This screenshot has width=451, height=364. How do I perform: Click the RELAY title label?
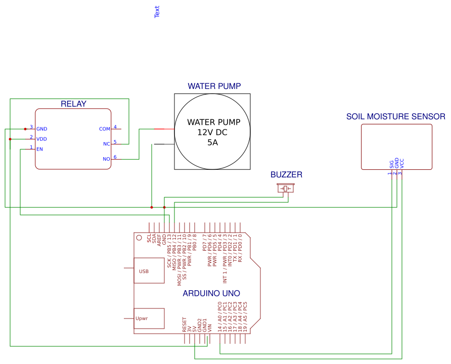73,104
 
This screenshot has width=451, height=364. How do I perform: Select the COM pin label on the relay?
104,129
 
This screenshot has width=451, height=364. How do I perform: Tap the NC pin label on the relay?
106,144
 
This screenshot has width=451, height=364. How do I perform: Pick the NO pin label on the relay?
106,159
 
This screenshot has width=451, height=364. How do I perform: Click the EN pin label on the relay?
39,149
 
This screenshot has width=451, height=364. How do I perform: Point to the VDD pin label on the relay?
41,139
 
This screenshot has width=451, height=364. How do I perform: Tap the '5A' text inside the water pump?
212,143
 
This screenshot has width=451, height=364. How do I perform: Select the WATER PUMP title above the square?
214,86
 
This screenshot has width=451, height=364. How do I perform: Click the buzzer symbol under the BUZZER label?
286,189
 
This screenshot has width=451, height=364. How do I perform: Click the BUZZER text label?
286,175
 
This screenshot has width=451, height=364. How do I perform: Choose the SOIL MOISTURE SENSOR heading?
395,117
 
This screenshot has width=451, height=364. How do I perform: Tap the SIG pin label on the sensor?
392,164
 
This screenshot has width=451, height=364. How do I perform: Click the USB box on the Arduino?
149,271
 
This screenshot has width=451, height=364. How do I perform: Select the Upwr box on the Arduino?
149,318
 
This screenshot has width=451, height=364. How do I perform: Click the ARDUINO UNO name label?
211,293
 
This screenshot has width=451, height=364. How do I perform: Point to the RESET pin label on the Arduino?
185,325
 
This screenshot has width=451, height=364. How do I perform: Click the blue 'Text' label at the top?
157,12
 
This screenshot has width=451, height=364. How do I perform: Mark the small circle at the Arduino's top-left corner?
139,237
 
